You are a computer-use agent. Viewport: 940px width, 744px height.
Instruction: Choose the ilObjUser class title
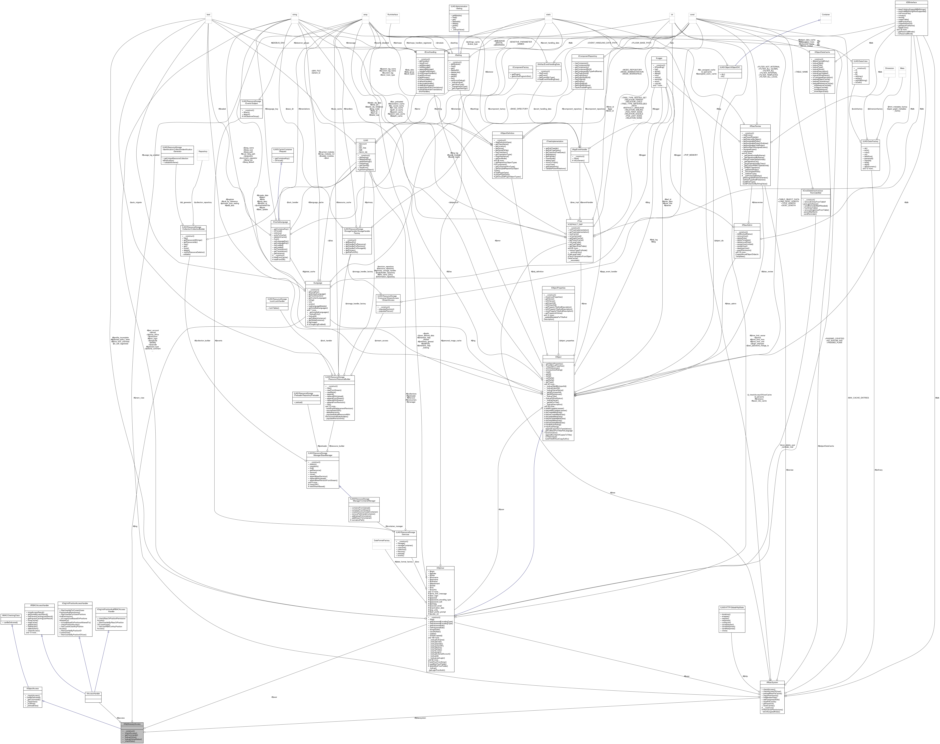[441, 568]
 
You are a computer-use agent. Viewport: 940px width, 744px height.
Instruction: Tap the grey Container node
[826, 14]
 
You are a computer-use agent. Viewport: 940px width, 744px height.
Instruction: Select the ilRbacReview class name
[755, 126]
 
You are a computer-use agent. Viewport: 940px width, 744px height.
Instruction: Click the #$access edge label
[121, 717]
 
